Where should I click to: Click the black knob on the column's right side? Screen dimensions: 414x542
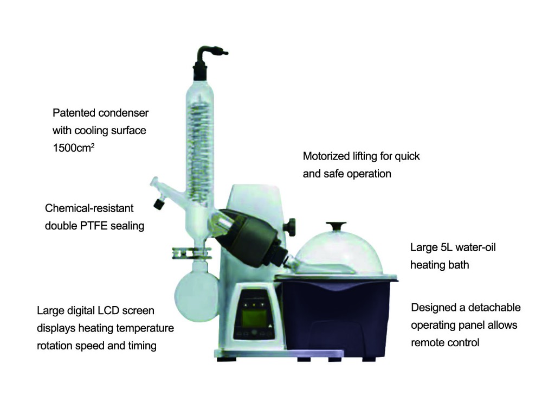293,225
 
